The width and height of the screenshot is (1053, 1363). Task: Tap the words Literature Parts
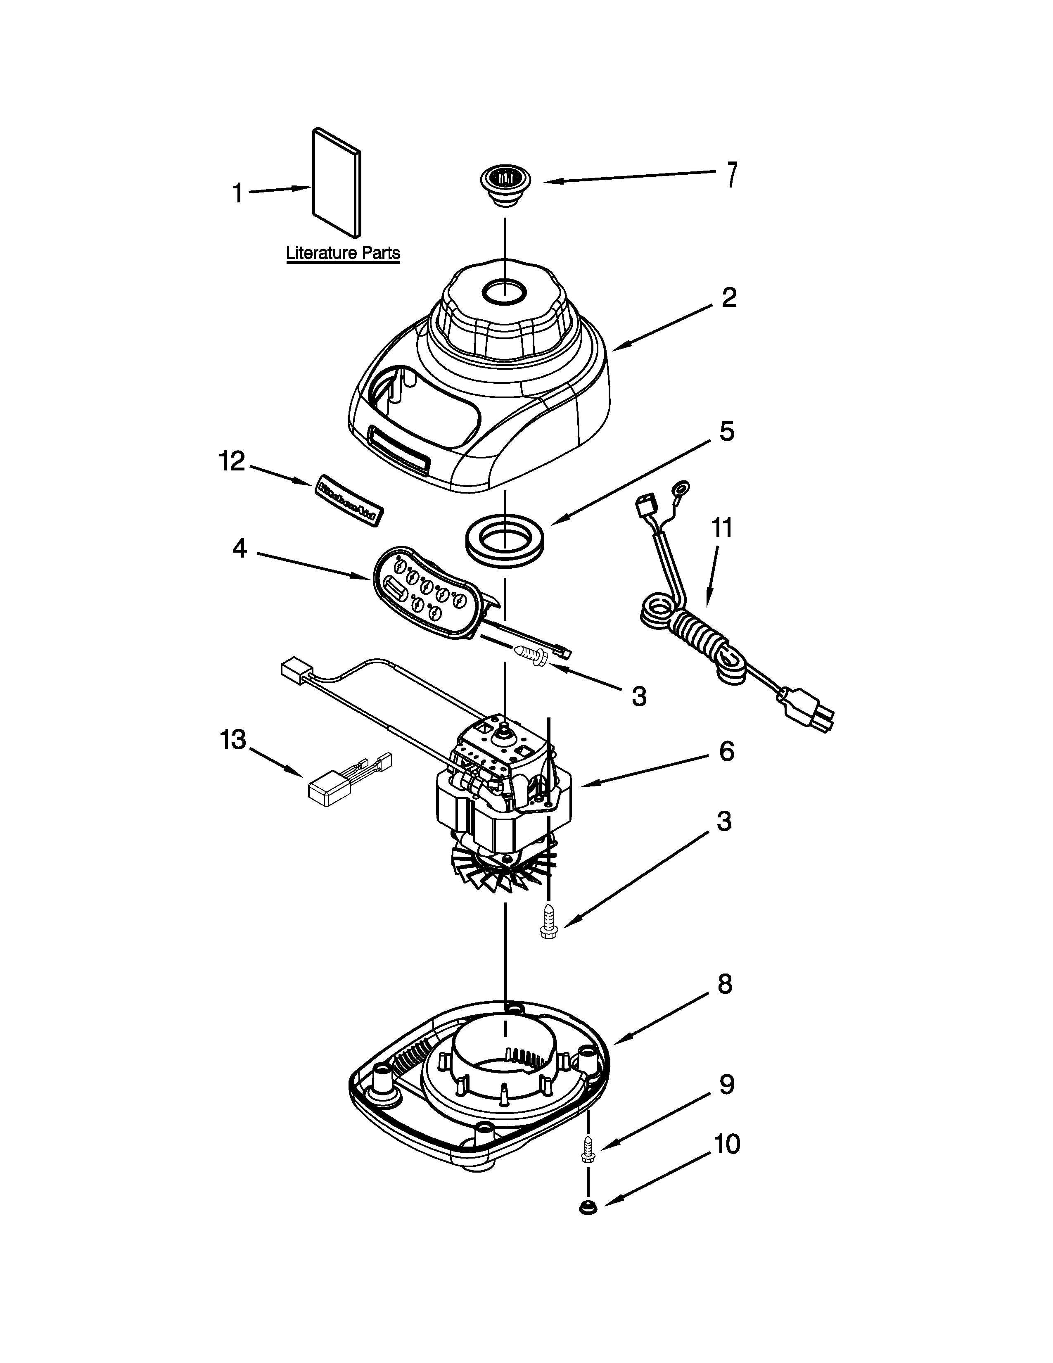click(342, 253)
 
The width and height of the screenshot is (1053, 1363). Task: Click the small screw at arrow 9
click(586, 1148)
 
